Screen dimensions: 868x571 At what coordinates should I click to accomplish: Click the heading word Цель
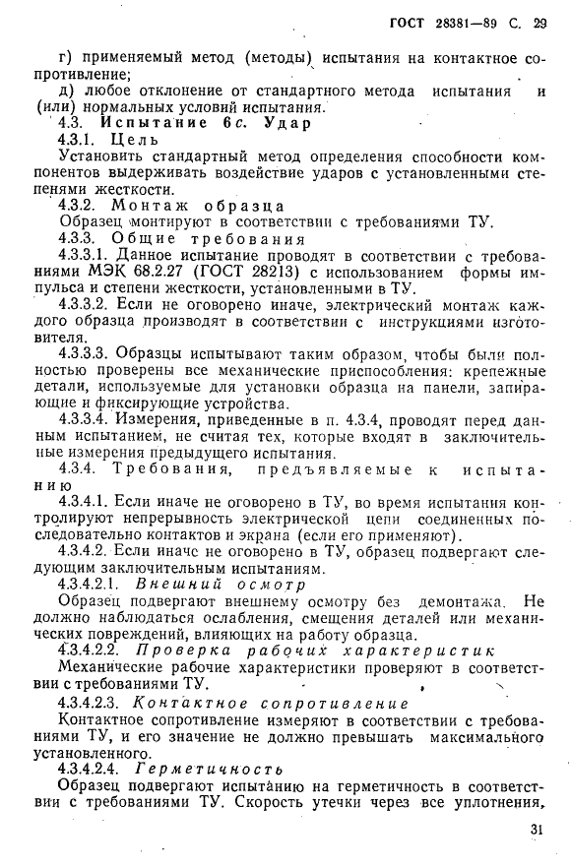pyautogui.click(x=135, y=140)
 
